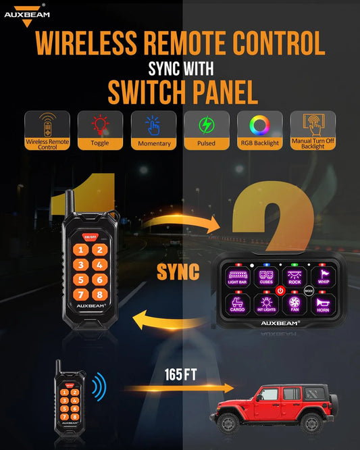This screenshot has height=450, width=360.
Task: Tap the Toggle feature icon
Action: tap(99, 126)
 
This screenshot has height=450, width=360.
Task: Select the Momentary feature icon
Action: tap(153, 126)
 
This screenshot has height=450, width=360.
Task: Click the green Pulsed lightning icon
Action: tap(206, 126)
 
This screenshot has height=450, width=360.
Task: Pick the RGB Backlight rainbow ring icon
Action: tap(259, 126)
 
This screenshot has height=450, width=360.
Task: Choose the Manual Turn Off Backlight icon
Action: tap(313, 125)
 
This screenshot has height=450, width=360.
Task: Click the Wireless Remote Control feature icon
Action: tap(47, 126)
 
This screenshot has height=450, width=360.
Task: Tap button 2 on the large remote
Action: tap(99, 250)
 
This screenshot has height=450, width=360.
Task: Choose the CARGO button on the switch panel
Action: tap(237, 306)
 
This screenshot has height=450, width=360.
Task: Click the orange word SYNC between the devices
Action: tap(178, 272)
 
